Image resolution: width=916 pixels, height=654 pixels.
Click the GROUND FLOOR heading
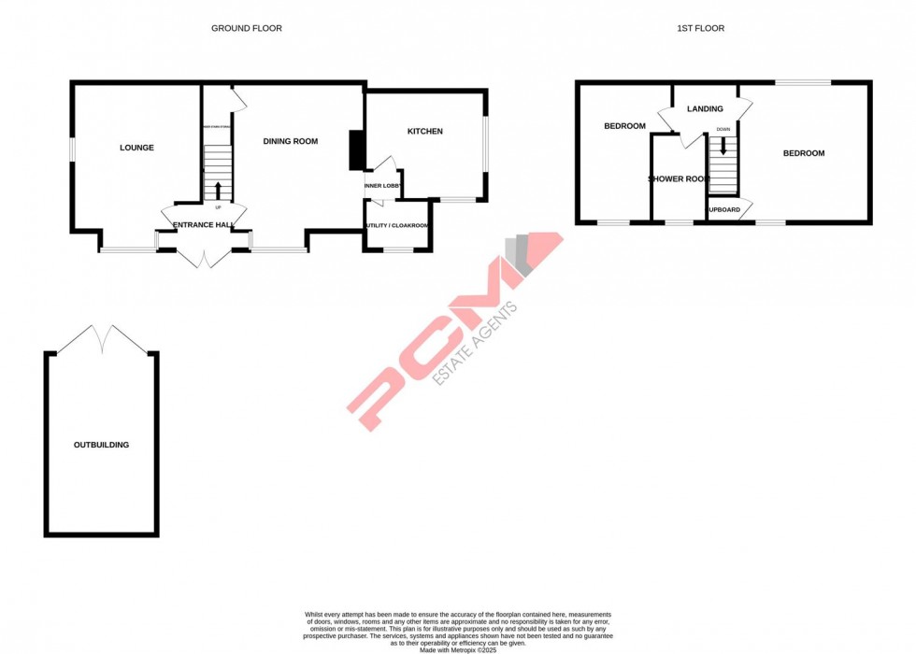pyautogui.click(x=246, y=29)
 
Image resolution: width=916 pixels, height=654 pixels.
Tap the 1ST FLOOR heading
pyautogui.click(x=701, y=29)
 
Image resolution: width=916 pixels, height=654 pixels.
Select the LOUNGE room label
pyautogui.click(x=136, y=148)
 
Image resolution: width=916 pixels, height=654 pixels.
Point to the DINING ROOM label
pyautogui.click(x=290, y=142)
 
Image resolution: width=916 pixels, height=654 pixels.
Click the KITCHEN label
pyautogui.click(x=424, y=132)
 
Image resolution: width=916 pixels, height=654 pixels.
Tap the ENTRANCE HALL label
pyautogui.click(x=204, y=226)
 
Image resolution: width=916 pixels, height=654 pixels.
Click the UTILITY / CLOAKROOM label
pyautogui.click(x=397, y=226)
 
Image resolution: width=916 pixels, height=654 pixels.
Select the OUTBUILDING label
pyautogui.click(x=101, y=445)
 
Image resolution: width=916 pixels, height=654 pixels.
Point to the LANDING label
pyautogui.click(x=705, y=109)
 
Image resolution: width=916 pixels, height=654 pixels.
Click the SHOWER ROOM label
pyautogui.click(x=679, y=178)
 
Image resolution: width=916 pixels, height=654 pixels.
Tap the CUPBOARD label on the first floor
pyautogui.click(x=724, y=209)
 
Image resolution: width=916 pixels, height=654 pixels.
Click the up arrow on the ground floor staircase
pyautogui.click(x=218, y=191)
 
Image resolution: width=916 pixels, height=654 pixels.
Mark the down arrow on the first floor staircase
pyautogui.click(x=723, y=147)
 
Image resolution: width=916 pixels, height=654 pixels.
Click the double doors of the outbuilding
pyautogui.click(x=102, y=339)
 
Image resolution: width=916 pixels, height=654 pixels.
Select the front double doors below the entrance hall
pyautogui.click(x=204, y=258)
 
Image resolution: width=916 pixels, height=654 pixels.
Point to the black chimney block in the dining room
pyautogui.click(x=356, y=150)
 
